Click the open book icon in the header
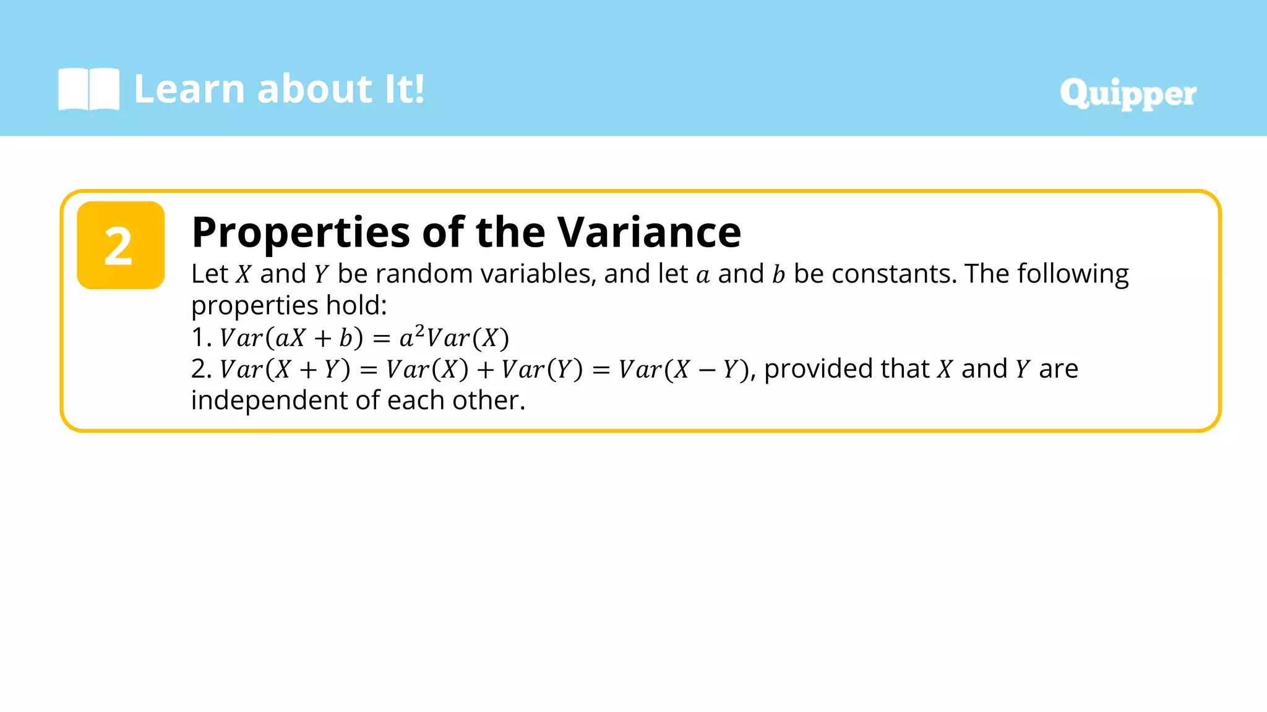tap(88, 89)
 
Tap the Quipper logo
tap(1128, 94)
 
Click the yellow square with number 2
tap(121, 245)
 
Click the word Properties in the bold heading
tap(301, 234)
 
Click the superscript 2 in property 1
tap(419, 331)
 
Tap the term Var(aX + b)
tap(291, 338)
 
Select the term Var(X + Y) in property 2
tap(285, 370)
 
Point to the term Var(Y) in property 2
tap(542, 370)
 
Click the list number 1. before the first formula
tap(201, 338)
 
